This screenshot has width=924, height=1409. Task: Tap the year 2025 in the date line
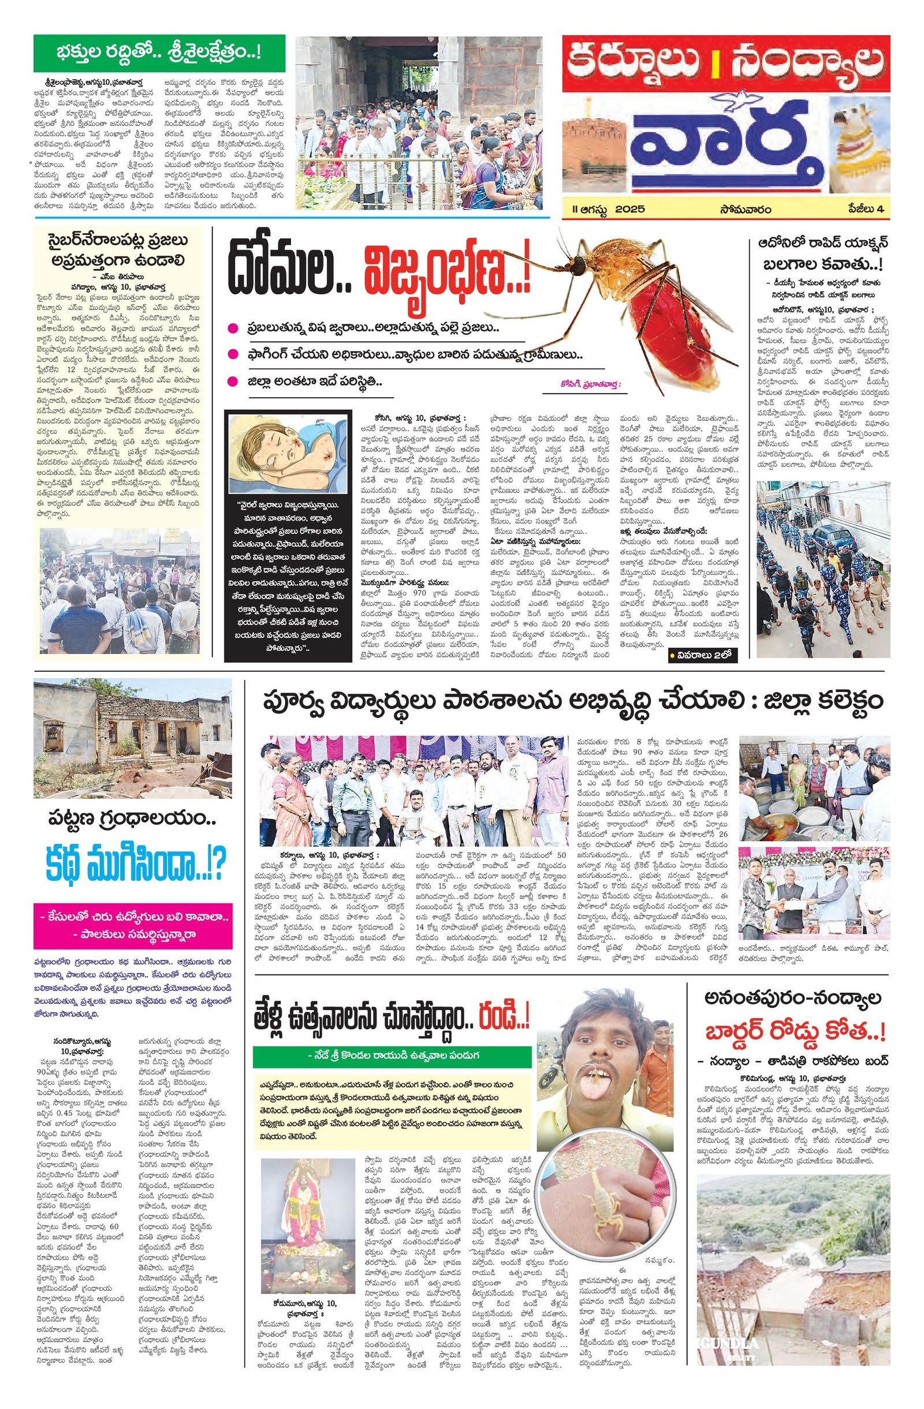click(x=629, y=209)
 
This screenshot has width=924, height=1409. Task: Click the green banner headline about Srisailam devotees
click(x=159, y=53)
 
